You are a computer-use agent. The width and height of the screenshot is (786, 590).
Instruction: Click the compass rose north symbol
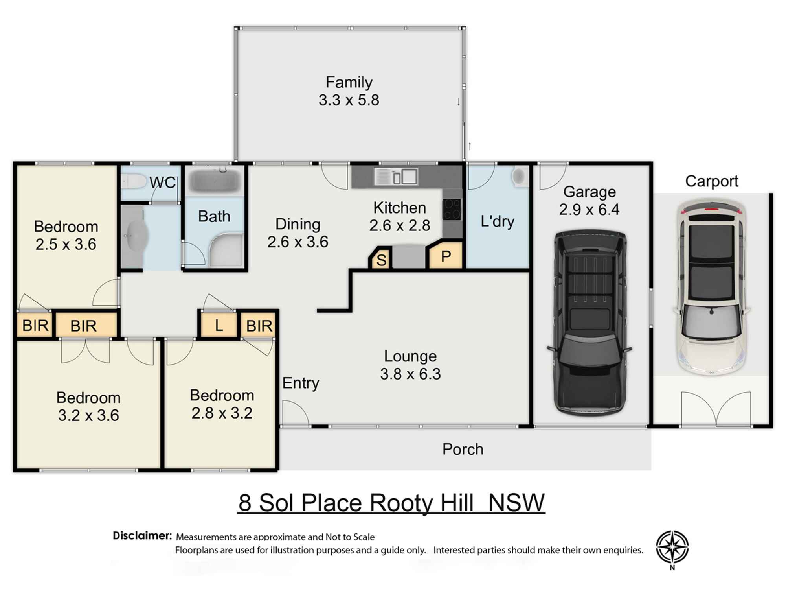tap(672, 547)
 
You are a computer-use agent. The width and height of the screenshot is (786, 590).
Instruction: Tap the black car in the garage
tap(589, 323)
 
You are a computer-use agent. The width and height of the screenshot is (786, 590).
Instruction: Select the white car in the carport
tap(711, 287)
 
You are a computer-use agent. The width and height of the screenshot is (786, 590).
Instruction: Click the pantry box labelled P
tap(446, 257)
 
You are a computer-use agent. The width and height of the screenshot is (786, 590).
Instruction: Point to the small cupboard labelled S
tap(381, 260)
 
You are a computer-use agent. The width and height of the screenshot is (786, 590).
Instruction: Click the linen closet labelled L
tap(219, 325)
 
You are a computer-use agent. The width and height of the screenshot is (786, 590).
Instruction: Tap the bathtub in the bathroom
tap(215, 181)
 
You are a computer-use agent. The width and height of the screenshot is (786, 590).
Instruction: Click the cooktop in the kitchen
tap(452, 209)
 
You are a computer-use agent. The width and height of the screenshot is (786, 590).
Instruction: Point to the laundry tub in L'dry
tap(520, 177)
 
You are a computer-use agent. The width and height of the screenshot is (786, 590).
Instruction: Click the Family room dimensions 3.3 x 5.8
tap(349, 100)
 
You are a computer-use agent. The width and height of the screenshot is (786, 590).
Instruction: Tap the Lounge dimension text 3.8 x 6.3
tap(410, 374)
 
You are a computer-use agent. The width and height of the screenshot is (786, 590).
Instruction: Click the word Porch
tap(463, 449)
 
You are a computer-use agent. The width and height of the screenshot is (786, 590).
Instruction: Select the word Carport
tap(711, 181)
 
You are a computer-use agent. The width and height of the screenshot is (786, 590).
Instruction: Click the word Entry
tap(301, 383)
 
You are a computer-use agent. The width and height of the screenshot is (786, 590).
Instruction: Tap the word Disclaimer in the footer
tap(142, 536)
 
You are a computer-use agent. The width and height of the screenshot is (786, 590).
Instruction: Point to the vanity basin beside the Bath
tap(136, 236)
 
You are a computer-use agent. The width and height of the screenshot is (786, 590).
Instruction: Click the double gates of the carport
tap(716, 409)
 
